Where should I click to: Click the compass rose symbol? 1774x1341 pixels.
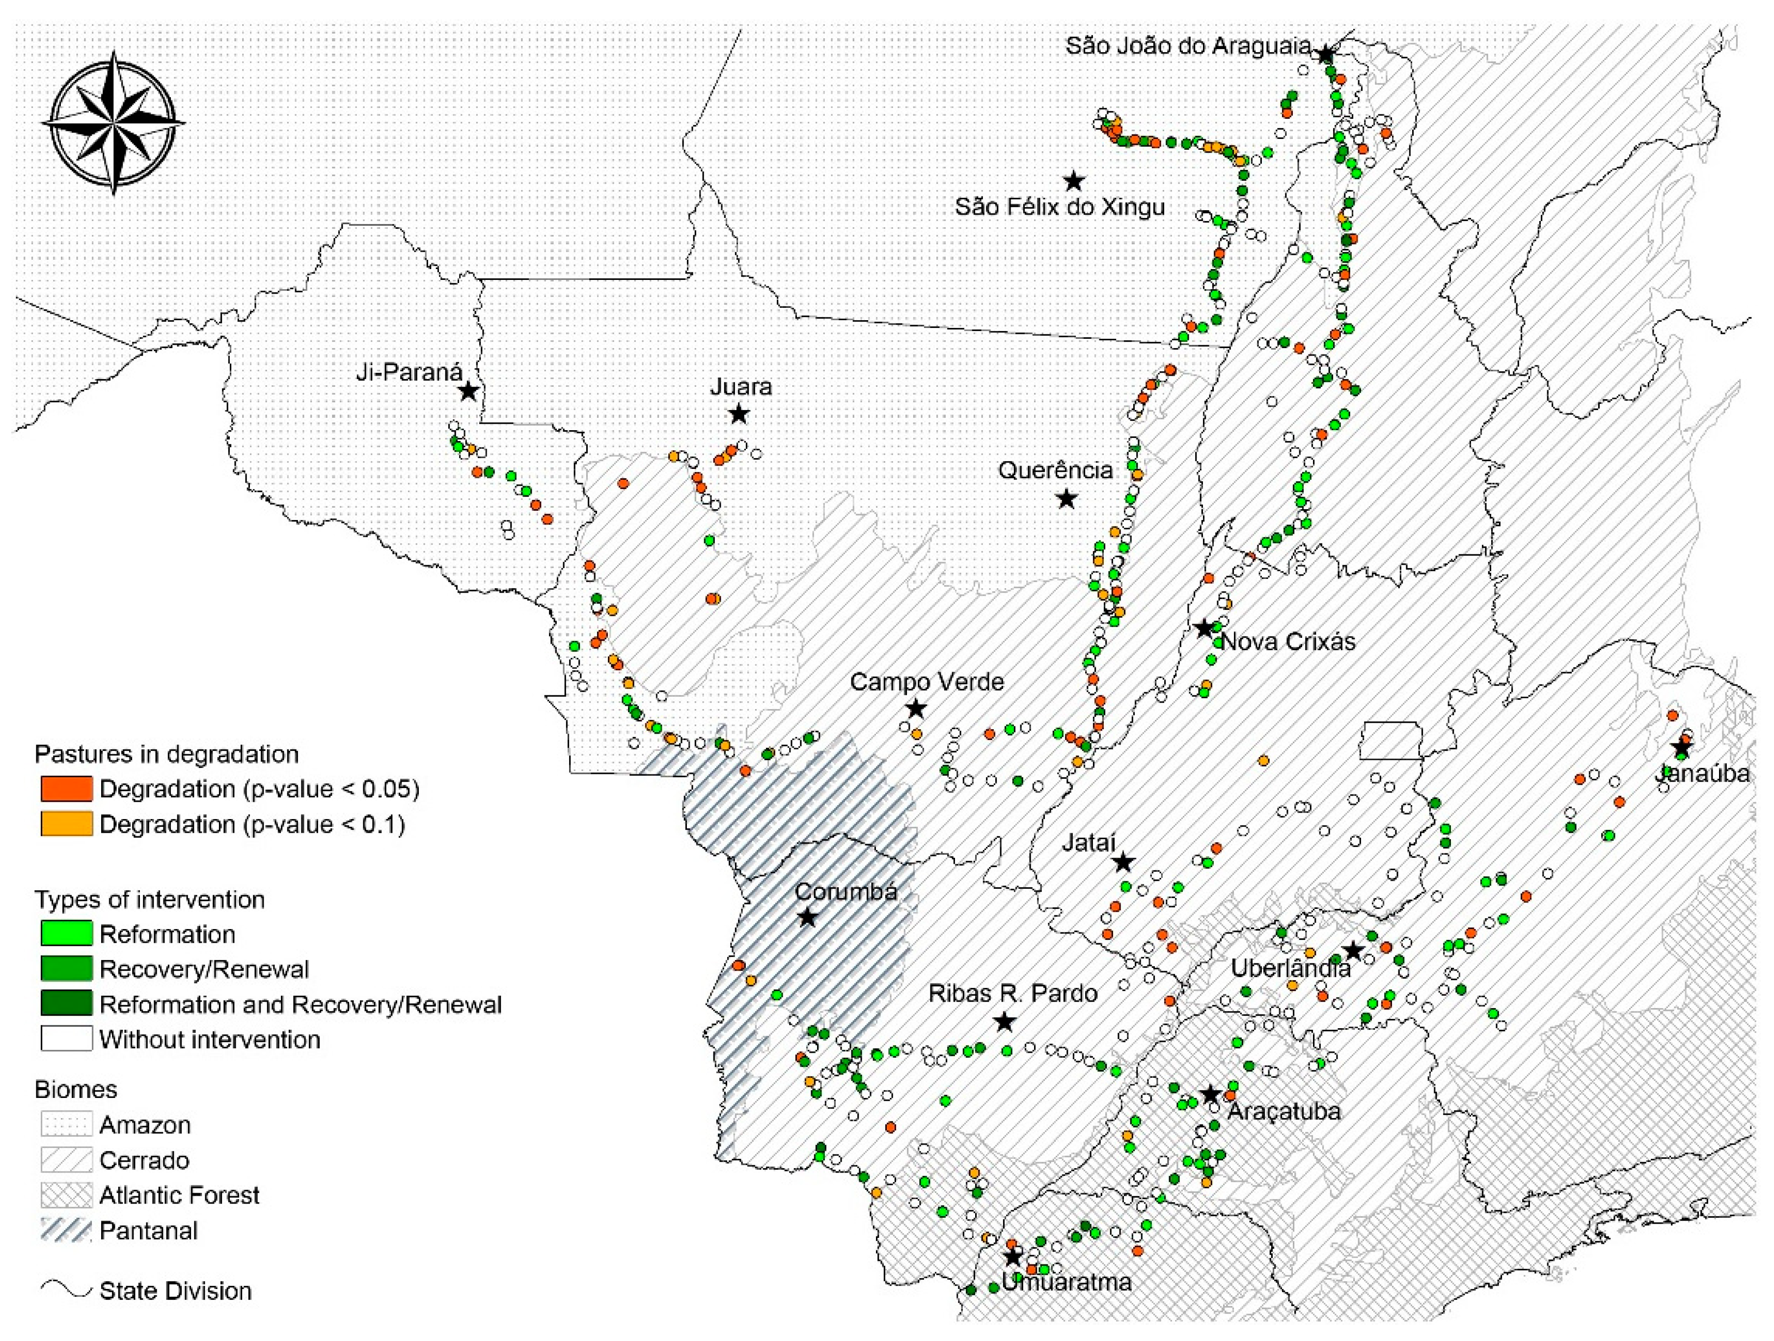[113, 123]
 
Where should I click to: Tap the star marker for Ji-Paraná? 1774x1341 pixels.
[468, 391]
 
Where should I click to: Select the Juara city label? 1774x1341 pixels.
[740, 386]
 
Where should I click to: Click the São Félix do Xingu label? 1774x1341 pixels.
[1060, 207]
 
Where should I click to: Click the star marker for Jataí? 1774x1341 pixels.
[1123, 862]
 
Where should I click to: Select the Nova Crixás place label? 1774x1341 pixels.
[1288, 642]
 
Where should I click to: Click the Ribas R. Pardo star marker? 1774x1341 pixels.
[1004, 1022]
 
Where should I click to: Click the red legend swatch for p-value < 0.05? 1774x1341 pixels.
[67, 789]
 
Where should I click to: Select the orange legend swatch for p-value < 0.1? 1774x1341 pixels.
[67, 824]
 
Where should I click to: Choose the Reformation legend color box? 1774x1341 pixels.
[67, 934]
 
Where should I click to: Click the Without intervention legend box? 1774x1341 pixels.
[67, 1040]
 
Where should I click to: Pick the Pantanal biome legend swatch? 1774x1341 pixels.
[67, 1231]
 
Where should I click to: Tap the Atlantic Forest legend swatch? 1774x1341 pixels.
[67, 1195]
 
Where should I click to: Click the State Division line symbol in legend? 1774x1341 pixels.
[67, 1290]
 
